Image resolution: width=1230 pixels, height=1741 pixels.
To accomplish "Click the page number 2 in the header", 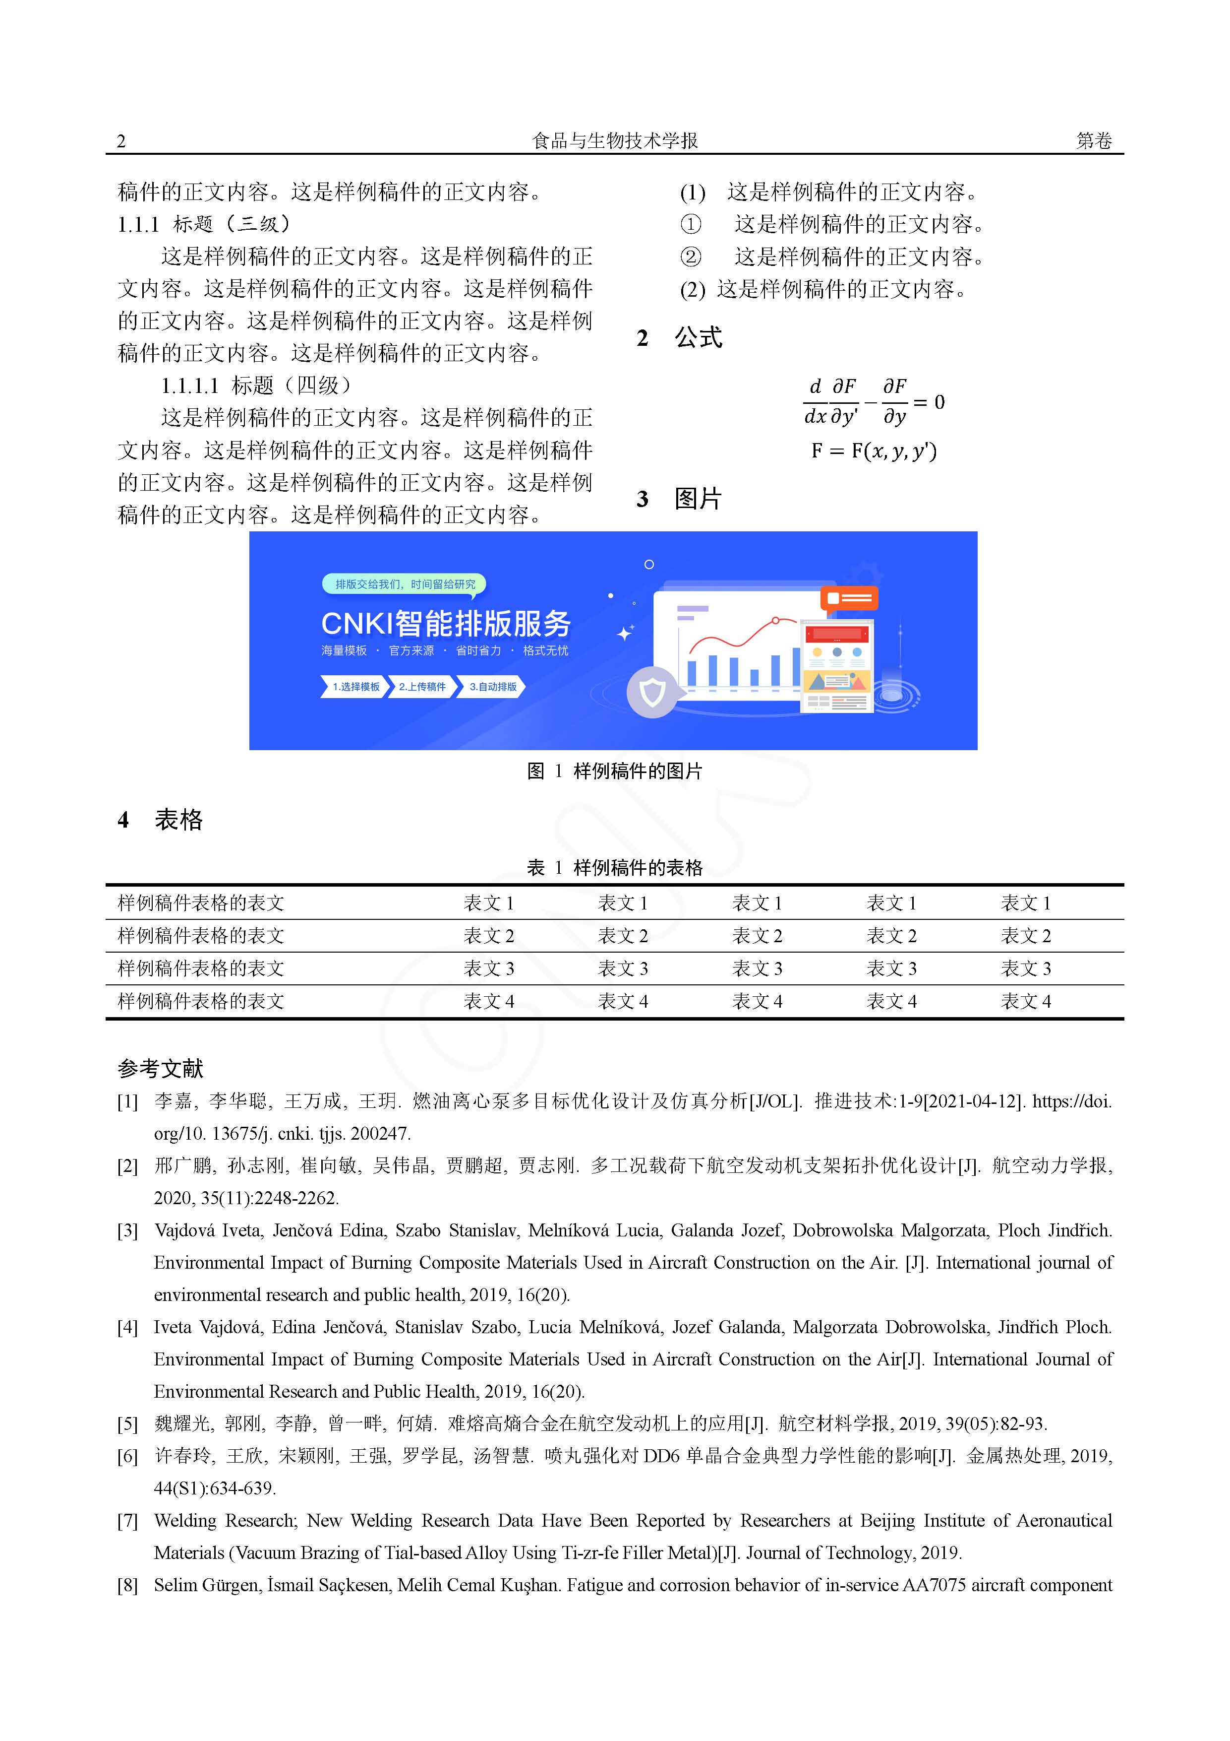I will [x=121, y=141].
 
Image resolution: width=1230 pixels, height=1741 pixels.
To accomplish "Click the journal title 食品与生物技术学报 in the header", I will [x=615, y=140].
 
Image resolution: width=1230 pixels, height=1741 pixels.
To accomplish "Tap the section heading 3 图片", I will [x=680, y=499].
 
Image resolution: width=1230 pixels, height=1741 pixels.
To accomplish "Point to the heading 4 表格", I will [x=161, y=820].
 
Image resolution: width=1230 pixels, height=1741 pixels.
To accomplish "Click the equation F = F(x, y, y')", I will [x=874, y=451].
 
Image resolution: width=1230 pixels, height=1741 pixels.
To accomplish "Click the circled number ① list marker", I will [x=691, y=224].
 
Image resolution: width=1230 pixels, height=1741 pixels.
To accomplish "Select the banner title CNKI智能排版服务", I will [x=446, y=623].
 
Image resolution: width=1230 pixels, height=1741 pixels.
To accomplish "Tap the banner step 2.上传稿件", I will [x=422, y=687].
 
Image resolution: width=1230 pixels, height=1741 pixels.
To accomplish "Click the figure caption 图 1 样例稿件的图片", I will [x=615, y=771].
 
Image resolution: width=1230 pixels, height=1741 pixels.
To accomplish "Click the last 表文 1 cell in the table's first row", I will [x=1025, y=903].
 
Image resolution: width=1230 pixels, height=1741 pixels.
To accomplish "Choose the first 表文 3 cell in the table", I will [x=489, y=969].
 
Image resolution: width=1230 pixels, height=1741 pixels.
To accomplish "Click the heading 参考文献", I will [x=161, y=1068].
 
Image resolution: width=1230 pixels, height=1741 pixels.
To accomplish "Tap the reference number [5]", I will [x=127, y=1424].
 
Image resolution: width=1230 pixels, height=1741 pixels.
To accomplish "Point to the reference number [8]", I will [x=127, y=1586].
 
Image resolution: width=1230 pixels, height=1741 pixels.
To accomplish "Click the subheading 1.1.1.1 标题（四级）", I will [x=256, y=386].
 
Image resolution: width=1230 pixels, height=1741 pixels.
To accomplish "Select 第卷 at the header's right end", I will [x=1094, y=141].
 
